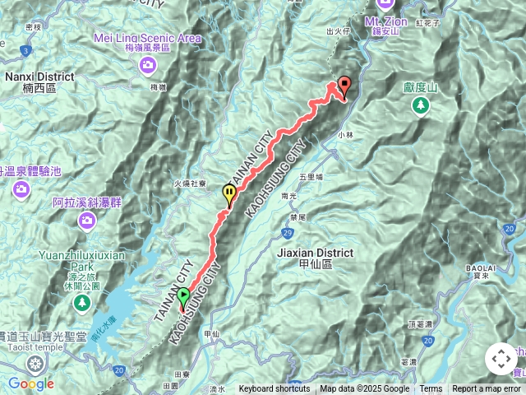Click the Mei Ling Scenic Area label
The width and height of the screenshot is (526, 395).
[148, 39]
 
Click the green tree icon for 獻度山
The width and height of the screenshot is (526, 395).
[420, 105]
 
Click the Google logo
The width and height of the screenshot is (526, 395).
[31, 383]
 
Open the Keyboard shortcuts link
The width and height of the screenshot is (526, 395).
[275, 389]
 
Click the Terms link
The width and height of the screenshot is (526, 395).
[431, 389]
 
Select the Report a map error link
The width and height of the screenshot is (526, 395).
[487, 389]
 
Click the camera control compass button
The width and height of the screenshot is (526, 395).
[501, 359]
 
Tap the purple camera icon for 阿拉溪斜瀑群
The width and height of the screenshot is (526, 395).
[85, 220]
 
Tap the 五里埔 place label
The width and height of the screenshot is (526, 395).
[311, 176]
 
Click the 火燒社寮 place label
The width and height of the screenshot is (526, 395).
[190, 184]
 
